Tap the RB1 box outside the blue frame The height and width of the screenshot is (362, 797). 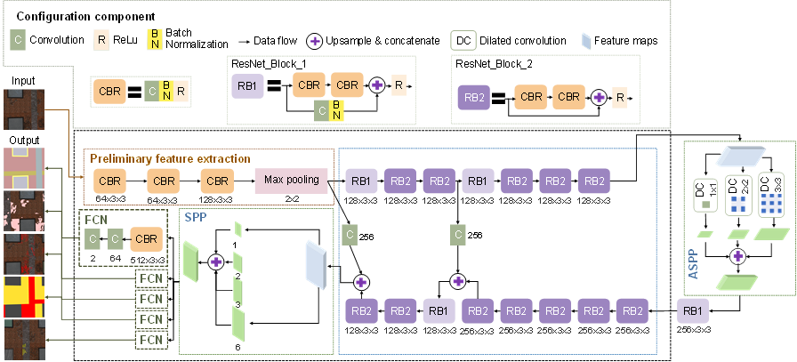(693, 312)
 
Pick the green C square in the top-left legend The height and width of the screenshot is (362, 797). (17, 39)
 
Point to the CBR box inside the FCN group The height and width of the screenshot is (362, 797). (147, 239)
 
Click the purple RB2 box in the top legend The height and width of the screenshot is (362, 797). (472, 97)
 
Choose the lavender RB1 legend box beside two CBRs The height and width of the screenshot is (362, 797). (246, 86)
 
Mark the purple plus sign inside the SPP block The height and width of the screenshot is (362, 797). (216, 261)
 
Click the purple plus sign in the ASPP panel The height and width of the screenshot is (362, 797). (737, 256)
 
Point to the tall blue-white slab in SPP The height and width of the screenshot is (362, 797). (316, 264)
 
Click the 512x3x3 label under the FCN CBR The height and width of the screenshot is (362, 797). (148, 259)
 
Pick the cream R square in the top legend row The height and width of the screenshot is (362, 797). (101, 39)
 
